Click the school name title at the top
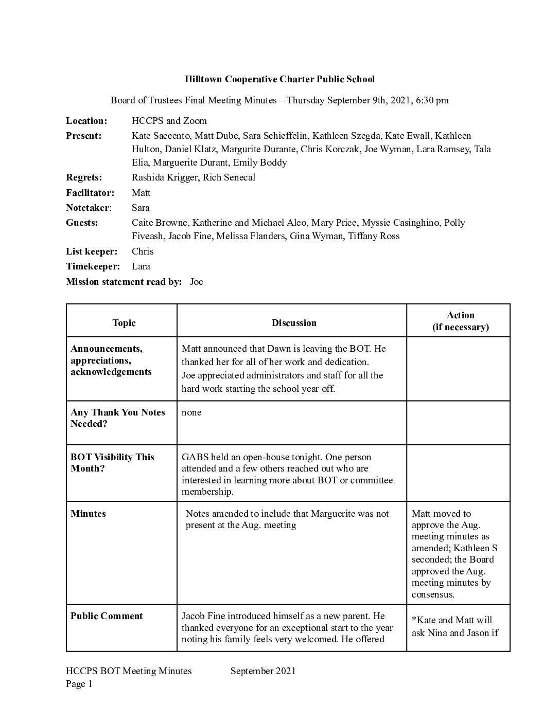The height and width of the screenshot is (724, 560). [279, 79]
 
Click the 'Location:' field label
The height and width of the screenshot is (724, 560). [86, 121]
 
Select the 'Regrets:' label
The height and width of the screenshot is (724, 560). [84, 177]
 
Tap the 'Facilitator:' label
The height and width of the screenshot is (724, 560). [90, 193]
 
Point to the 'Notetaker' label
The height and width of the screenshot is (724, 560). [87, 208]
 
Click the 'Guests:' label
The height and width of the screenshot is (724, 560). [82, 223]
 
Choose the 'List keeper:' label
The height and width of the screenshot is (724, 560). [92, 251]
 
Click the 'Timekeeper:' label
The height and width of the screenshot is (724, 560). [93, 266]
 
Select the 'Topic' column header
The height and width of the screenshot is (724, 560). [124, 323]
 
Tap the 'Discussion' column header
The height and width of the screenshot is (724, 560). [294, 323]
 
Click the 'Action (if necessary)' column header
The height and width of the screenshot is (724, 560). [460, 321]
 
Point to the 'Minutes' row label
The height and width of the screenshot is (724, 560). [88, 514]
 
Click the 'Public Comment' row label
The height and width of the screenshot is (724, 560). [107, 616]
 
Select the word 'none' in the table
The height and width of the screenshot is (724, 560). [191, 412]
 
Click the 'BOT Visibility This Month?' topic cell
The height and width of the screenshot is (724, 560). [112, 463]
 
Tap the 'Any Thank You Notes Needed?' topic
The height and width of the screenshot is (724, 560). [118, 418]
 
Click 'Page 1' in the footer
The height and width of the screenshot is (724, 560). [79, 684]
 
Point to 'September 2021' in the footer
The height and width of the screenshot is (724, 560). [263, 671]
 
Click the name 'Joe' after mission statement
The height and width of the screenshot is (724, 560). [197, 282]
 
